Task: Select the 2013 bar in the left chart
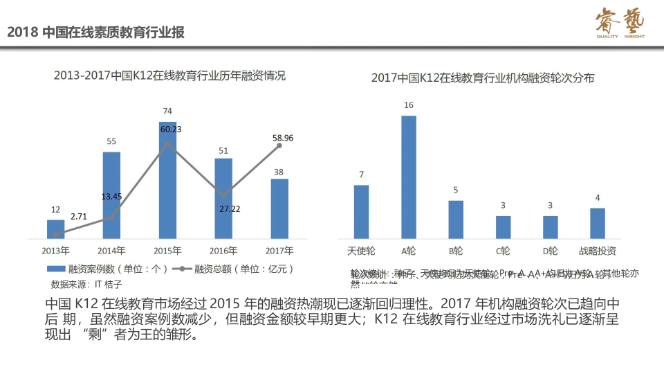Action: tap(56, 229)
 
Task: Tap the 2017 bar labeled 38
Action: tap(279, 208)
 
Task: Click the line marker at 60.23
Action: tap(167, 143)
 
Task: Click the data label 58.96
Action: tap(283, 138)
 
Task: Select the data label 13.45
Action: tap(111, 196)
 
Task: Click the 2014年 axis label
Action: tap(111, 250)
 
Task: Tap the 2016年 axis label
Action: tap(223, 250)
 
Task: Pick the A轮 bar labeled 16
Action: tap(409, 177)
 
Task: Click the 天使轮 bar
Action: tap(361, 211)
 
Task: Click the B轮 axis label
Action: tap(456, 250)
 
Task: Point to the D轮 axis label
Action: tap(551, 250)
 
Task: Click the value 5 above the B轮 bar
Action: tap(456, 190)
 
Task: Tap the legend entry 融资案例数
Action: tap(107, 269)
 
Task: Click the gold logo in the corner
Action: tap(620, 24)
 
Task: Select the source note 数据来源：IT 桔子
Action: tap(86, 284)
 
